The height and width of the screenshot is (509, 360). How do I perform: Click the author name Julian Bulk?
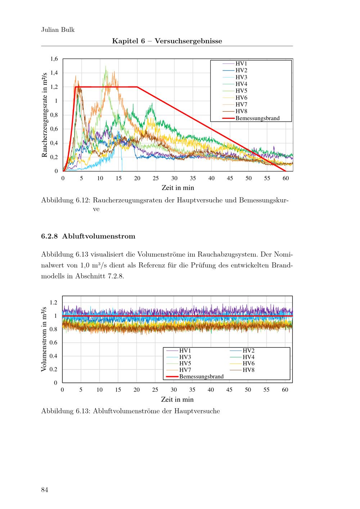point(58,30)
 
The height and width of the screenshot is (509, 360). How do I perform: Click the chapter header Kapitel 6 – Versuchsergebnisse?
point(167,41)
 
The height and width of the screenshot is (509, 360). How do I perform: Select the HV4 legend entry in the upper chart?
point(241,84)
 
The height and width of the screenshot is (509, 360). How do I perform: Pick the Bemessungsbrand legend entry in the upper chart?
point(257,118)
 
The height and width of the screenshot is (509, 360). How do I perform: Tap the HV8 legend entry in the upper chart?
point(241,111)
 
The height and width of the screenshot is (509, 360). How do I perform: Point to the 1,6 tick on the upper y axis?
point(54,59)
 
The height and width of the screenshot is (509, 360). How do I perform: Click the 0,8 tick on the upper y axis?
point(54,115)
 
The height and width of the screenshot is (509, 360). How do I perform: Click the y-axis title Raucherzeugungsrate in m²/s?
point(45,115)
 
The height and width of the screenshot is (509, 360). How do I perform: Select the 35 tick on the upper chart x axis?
point(193,178)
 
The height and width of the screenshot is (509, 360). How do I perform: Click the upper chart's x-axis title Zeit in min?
point(178,188)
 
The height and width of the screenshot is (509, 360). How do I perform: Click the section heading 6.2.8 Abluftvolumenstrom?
point(88,237)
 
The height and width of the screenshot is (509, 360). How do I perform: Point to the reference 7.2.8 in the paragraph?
point(116,276)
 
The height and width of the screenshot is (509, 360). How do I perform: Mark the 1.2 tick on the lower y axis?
point(53,302)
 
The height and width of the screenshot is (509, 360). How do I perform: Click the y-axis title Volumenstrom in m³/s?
point(44,339)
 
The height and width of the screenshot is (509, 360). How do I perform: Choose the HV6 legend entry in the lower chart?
point(248,363)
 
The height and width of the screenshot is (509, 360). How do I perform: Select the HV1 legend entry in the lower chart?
point(185,350)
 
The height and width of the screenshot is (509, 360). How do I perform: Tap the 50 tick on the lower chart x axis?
point(248,390)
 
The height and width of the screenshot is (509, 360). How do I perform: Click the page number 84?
point(45,490)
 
